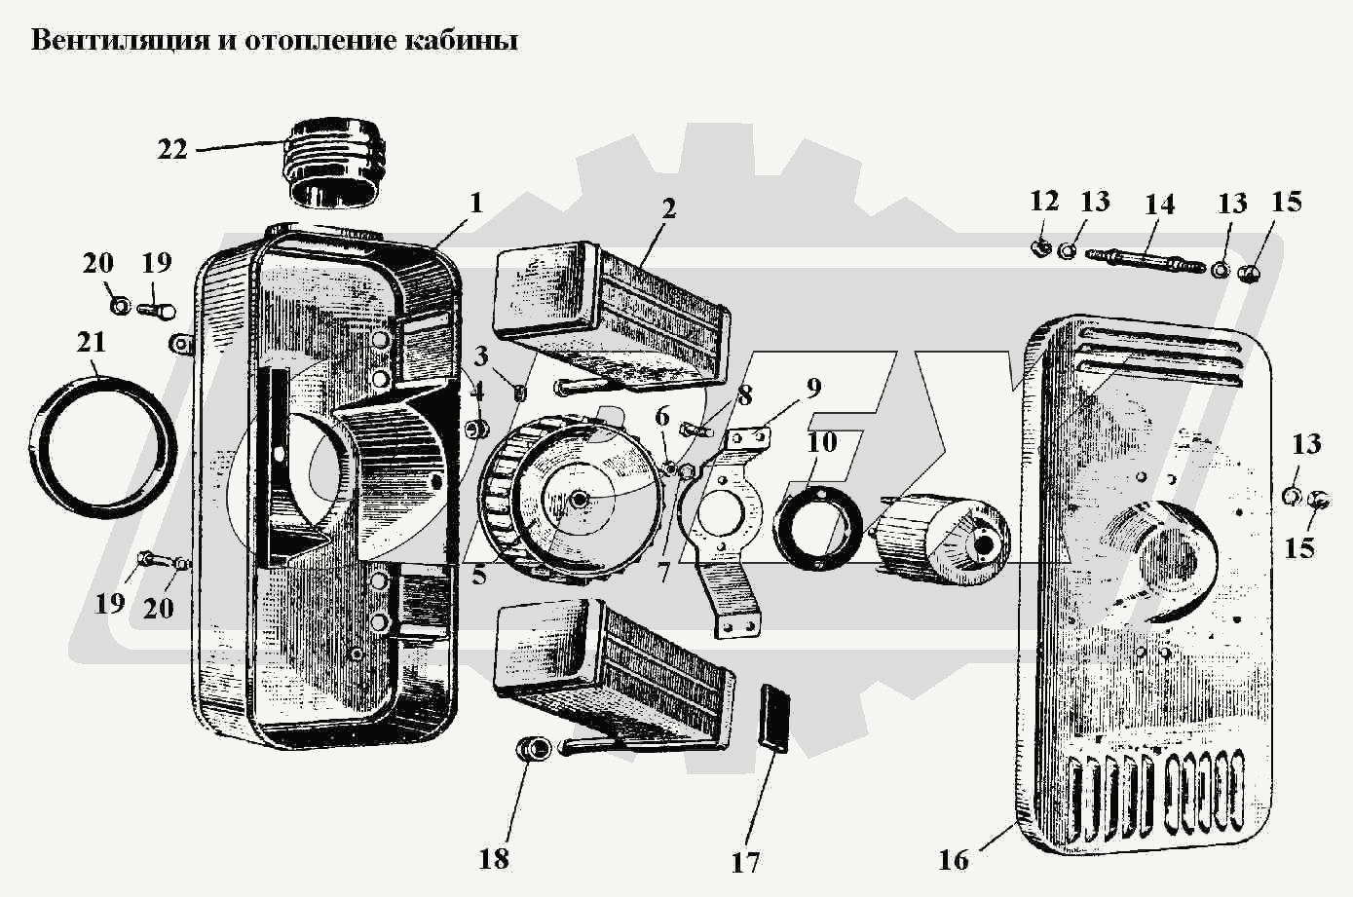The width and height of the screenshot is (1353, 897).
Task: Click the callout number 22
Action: point(172,150)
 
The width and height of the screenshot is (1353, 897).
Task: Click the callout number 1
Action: point(475,204)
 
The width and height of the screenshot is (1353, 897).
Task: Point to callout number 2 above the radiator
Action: point(668,209)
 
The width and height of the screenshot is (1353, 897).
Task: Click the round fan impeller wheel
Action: point(570,497)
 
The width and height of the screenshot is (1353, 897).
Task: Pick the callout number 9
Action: point(813,388)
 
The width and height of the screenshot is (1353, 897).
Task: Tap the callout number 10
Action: point(822,442)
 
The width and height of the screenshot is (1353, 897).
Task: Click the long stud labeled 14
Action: point(1145,259)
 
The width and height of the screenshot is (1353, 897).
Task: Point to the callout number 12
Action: point(1044,202)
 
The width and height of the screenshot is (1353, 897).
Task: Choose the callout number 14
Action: point(1159,205)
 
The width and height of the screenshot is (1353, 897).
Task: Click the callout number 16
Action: point(955,860)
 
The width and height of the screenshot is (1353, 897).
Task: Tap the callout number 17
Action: point(747,862)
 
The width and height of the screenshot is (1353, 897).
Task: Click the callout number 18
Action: point(494,858)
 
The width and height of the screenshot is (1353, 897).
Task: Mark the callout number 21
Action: point(92,343)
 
